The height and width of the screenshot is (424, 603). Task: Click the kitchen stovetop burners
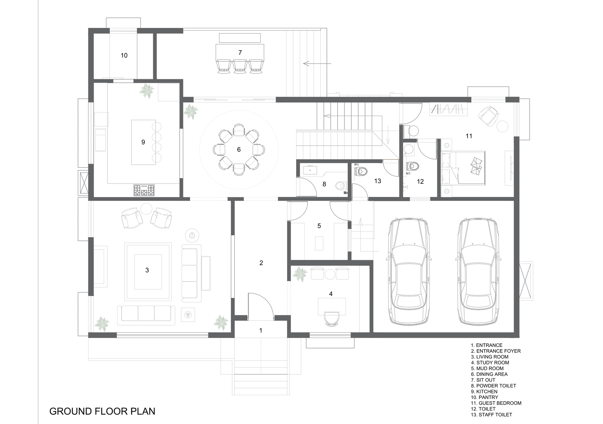point(144,190)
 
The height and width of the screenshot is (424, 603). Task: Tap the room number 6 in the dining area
point(239,149)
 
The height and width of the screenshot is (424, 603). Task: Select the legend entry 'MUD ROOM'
point(487,368)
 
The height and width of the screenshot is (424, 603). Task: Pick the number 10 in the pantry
point(124,56)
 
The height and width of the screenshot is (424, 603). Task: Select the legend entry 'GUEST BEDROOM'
point(496,403)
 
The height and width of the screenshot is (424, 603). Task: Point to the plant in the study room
point(300,274)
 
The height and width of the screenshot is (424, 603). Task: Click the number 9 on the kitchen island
point(143,142)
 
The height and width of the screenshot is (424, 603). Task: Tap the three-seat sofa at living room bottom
point(146,313)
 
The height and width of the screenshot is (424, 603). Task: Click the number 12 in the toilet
point(420,182)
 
